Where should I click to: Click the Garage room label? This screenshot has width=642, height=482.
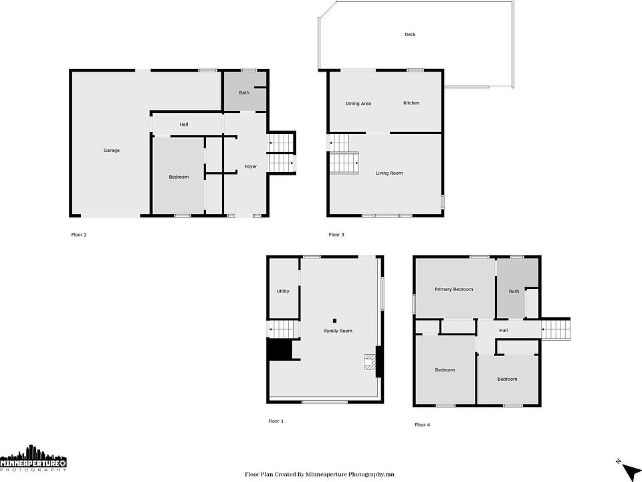click(112, 151)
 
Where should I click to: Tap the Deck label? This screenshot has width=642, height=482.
click(410, 34)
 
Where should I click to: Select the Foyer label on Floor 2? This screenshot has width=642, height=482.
click(251, 167)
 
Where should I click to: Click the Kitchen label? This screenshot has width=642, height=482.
click(411, 103)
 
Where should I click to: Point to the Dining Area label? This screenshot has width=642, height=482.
click(358, 104)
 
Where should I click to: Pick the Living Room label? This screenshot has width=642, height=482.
click(389, 173)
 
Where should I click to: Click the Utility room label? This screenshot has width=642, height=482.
click(283, 291)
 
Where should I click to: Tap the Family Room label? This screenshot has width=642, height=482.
click(338, 331)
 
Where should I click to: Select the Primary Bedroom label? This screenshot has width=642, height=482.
click(453, 289)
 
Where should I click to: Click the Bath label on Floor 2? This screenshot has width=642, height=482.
click(244, 92)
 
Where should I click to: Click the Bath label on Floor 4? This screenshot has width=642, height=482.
click(514, 291)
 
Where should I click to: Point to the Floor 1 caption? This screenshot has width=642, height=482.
click(276, 421)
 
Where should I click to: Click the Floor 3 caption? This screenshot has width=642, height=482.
click(336, 235)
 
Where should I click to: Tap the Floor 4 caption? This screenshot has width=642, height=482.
click(422, 425)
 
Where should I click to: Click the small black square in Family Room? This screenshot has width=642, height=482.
click(334, 321)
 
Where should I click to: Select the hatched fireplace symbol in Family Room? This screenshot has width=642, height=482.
click(369, 363)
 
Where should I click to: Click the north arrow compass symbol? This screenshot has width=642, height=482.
click(628, 468)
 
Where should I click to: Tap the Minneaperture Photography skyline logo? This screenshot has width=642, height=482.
click(33, 457)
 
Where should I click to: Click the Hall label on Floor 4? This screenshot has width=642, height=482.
click(504, 330)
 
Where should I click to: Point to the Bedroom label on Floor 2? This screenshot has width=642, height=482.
click(179, 177)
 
